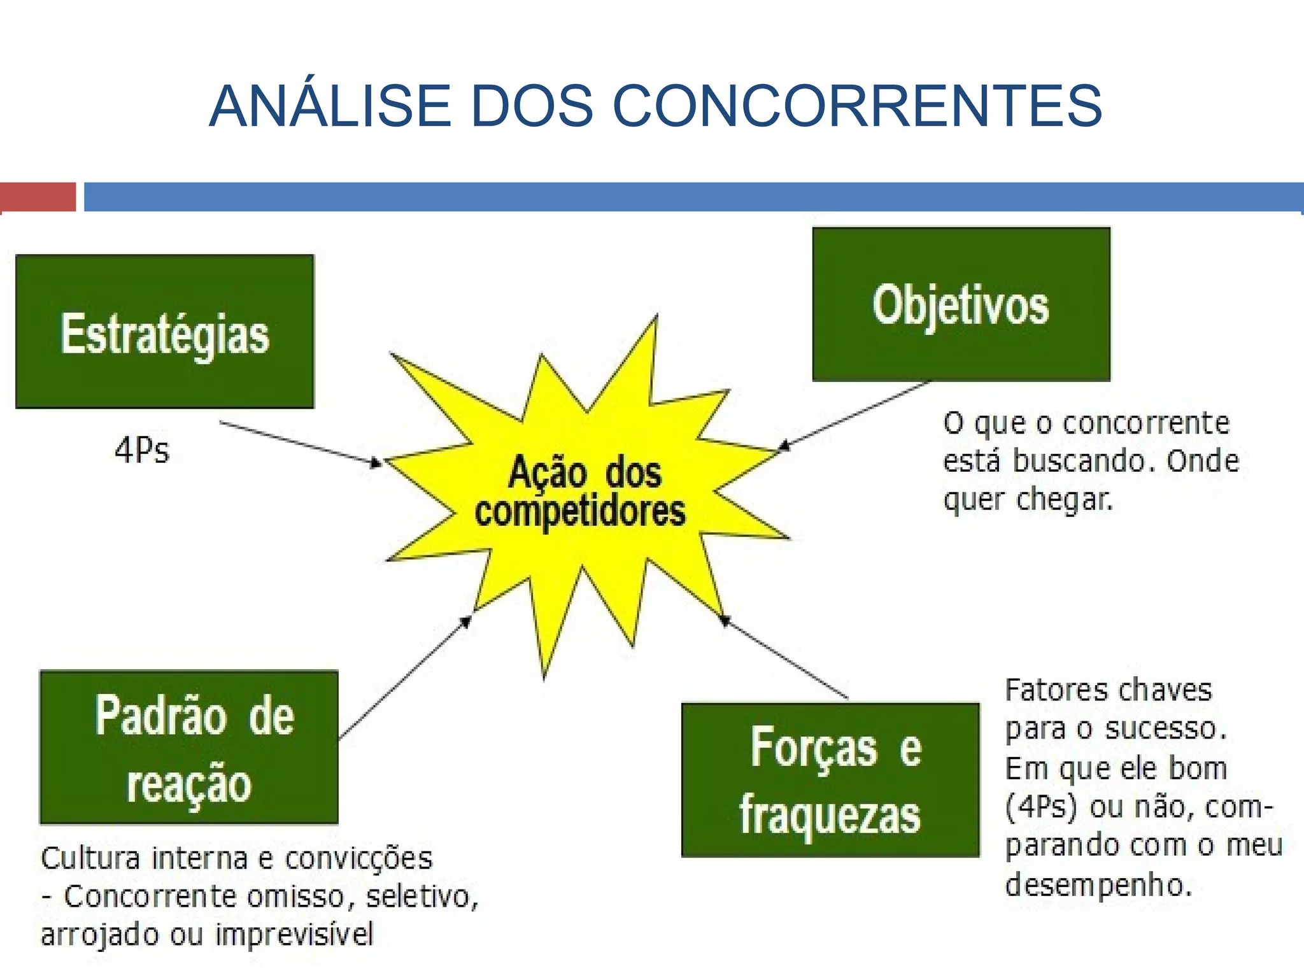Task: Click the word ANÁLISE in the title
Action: [x=330, y=106]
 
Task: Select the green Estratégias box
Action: [x=165, y=332]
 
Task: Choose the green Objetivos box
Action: [x=961, y=304]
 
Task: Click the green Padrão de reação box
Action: [x=189, y=748]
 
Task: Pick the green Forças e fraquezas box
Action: [x=830, y=780]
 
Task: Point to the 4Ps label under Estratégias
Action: [x=142, y=450]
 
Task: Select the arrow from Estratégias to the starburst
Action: [x=299, y=443]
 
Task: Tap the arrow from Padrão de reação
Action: [x=404, y=678]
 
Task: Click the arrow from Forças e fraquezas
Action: [x=786, y=658]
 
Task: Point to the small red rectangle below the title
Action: [x=38, y=196]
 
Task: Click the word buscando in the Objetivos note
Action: [x=1083, y=461]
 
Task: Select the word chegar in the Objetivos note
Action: [x=1064, y=500]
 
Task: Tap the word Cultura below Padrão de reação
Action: [x=90, y=858]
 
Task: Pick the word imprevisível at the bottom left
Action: [x=294, y=935]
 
